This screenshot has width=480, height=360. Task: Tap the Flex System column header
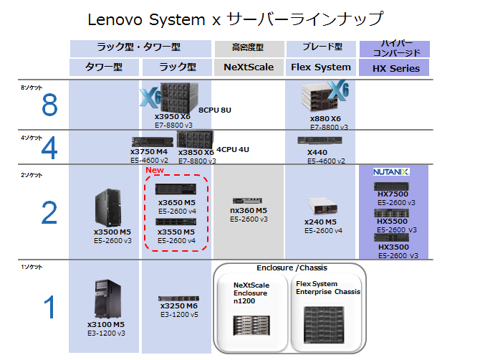[x=321, y=67]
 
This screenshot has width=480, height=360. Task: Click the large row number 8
[x=49, y=107]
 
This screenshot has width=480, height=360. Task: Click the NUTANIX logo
[x=390, y=172]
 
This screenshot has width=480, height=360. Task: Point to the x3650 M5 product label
[x=176, y=203]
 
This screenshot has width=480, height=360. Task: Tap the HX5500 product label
[x=392, y=222]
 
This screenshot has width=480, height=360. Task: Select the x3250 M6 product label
[x=178, y=305]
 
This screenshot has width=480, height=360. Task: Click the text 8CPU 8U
[x=214, y=110]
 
